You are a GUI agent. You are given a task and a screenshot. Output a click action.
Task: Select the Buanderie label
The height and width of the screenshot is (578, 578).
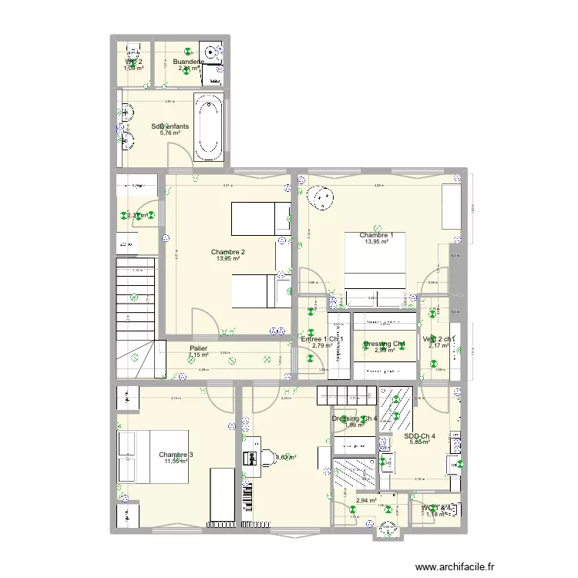pos(188,62)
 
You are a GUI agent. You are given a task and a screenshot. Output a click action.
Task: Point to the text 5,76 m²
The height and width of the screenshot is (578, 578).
pos(170,133)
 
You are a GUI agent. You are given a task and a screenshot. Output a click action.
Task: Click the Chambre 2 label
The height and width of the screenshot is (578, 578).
pos(228,252)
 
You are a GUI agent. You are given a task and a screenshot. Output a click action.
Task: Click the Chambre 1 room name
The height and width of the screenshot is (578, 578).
pos(376,235)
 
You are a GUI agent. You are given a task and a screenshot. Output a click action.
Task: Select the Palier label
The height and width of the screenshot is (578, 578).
pos(198,348)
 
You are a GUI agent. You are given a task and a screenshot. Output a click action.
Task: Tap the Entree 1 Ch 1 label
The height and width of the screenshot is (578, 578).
pos(322,339)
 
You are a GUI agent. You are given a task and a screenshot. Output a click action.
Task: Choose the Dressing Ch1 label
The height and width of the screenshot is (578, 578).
pos(384,344)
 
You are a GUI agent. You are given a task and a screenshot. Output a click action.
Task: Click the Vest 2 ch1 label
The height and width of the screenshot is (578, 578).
pos(439,339)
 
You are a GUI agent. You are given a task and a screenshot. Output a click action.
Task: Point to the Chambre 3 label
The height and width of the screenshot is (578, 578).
pos(176,455)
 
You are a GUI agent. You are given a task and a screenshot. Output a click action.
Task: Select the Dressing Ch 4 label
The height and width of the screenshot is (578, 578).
pos(355,418)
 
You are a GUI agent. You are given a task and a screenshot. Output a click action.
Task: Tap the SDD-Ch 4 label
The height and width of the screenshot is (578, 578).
pos(419,435)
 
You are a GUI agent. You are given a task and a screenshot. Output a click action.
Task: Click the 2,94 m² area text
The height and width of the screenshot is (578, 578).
pos(366,500)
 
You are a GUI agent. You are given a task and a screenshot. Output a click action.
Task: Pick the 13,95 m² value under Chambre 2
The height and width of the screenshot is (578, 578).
pos(228,259)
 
